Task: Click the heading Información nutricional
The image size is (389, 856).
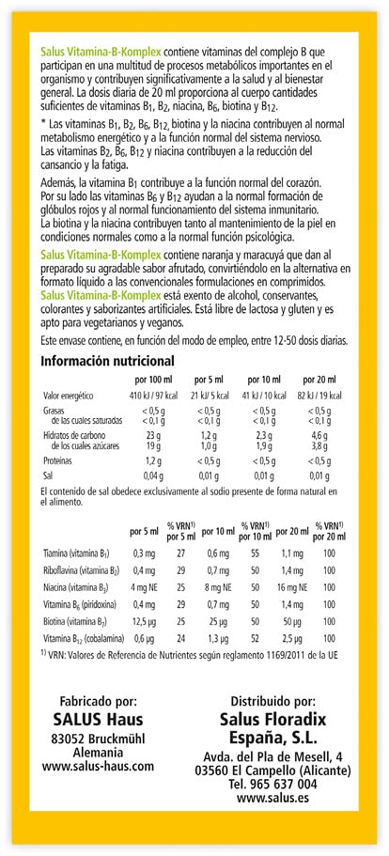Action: point(107,361)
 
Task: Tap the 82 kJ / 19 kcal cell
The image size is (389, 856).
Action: point(319,396)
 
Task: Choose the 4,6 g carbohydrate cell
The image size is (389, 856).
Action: point(319,437)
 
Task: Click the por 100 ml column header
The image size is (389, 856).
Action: point(153,379)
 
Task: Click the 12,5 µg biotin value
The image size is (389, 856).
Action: point(144,621)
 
